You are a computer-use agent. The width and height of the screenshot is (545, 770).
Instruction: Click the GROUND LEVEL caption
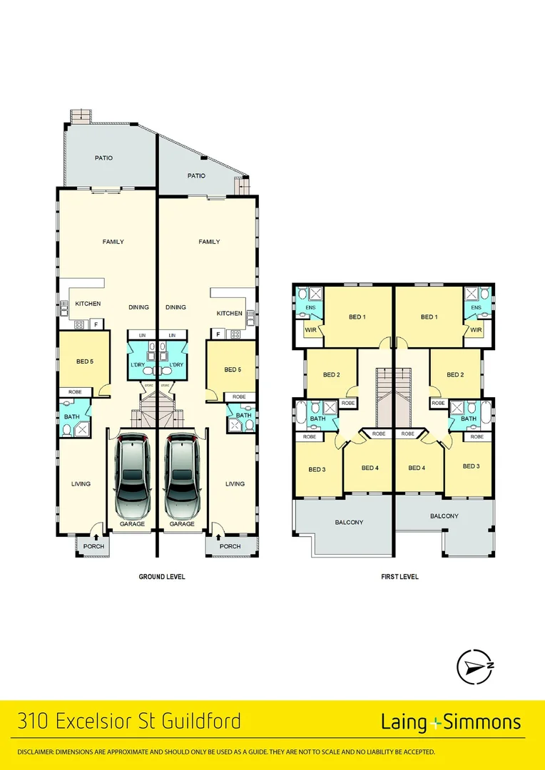(x=161, y=577)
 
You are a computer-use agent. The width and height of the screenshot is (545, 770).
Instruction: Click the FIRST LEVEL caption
(x=399, y=577)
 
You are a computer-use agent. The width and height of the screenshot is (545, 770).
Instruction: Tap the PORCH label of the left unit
(x=93, y=547)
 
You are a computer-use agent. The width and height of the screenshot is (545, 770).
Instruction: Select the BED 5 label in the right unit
(x=233, y=369)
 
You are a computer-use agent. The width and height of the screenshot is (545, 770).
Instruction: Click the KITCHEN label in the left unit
(x=88, y=304)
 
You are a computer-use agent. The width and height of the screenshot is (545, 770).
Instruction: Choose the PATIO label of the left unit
(x=104, y=158)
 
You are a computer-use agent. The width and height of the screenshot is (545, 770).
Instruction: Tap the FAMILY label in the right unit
(x=209, y=242)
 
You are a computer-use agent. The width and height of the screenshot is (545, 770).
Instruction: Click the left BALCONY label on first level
(x=349, y=523)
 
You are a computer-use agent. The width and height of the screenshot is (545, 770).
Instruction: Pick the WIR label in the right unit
(x=476, y=330)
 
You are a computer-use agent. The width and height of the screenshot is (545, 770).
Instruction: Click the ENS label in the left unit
(x=310, y=308)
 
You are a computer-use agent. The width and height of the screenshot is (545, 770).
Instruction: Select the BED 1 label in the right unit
(x=429, y=317)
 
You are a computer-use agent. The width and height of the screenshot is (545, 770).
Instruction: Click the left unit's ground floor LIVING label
(x=81, y=484)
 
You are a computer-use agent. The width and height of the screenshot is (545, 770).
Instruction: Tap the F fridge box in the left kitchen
(x=96, y=325)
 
